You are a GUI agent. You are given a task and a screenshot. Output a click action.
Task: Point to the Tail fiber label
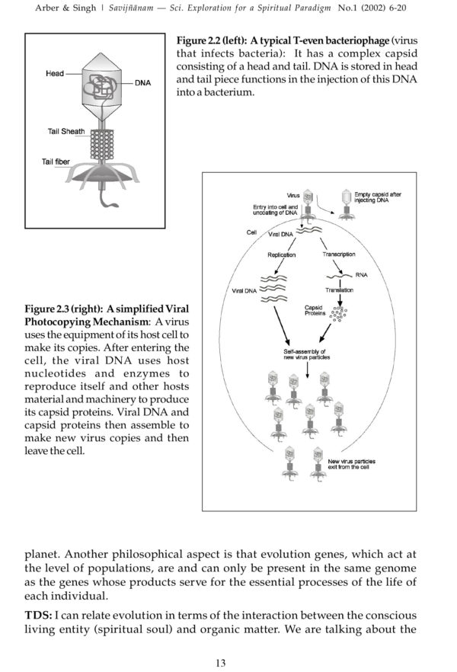pos(56,162)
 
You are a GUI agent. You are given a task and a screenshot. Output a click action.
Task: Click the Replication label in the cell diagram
pos(282,255)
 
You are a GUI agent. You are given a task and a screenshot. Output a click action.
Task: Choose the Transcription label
pos(338,254)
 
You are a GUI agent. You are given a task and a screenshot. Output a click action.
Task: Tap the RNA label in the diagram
pos(362,275)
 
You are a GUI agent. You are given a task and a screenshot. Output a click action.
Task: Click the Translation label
pos(339,290)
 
